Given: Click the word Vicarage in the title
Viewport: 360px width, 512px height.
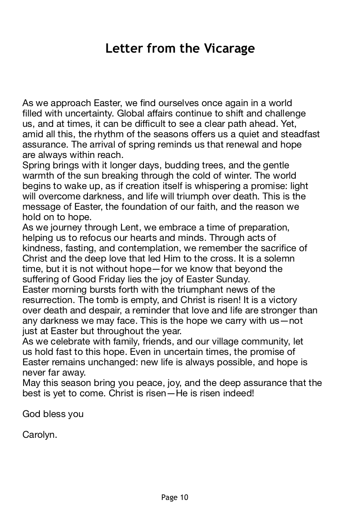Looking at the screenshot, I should pyautogui.click(x=229, y=49).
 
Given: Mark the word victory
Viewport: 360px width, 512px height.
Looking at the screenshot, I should pyautogui.click(x=282, y=300).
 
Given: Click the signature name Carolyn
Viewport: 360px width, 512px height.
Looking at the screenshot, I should pyautogui.click(x=39, y=435).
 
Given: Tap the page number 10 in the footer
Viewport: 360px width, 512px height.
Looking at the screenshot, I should pyautogui.click(x=184, y=497).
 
